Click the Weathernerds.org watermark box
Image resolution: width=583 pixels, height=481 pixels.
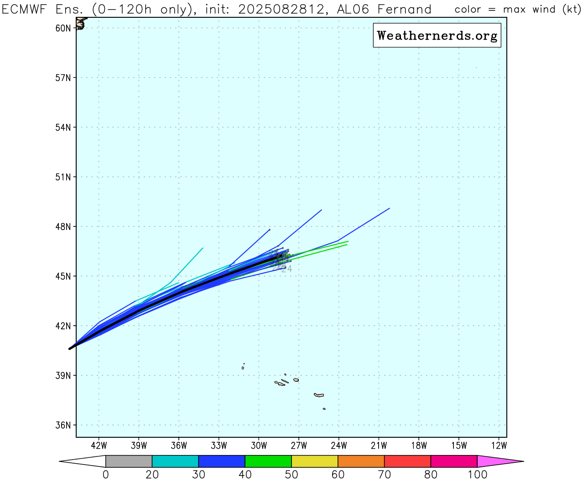pos(437,36)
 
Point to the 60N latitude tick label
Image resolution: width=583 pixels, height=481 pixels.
pos(63,28)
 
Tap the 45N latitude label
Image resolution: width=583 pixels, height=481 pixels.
pos(63,276)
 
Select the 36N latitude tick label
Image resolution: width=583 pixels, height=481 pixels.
pos(63,425)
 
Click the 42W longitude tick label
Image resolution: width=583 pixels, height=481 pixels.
pos(99,445)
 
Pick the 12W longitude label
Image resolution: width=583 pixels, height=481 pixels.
pos(500,445)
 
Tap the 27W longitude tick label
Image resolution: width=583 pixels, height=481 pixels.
pos(299,445)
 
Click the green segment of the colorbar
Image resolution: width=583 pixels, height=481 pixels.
pos(268,461)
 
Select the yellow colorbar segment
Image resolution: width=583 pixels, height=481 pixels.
pos(315,461)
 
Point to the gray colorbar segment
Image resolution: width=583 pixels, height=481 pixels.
pos(129,461)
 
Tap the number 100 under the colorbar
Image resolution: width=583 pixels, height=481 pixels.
pos(477,475)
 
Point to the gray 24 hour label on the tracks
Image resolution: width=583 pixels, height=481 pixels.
pos(286,269)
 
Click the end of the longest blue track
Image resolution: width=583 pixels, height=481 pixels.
pos(390,208)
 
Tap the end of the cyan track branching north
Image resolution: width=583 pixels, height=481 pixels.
pos(203,248)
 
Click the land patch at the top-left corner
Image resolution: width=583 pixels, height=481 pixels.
pos(81,23)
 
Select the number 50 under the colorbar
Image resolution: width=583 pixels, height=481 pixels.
pos(291,475)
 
